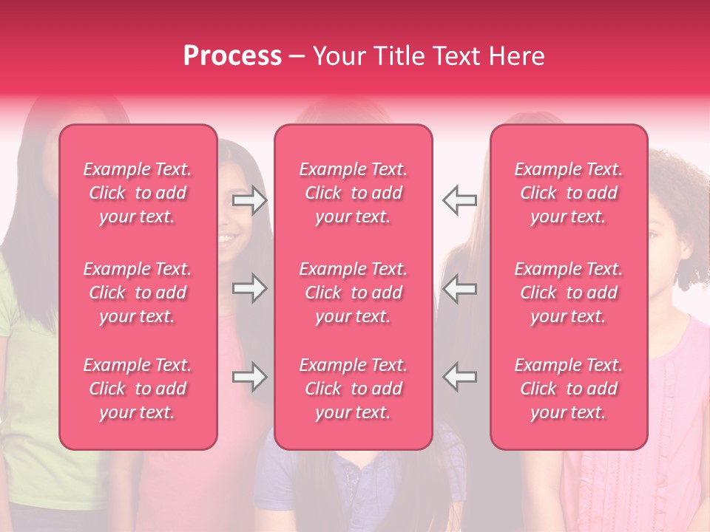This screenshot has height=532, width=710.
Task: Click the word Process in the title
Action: coord(232,56)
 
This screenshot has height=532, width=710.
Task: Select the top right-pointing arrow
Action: coord(250,200)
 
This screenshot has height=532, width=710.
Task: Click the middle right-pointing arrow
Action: coord(250,288)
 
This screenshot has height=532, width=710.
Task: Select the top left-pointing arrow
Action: coord(459,200)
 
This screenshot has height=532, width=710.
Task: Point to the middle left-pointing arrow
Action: coord(459,288)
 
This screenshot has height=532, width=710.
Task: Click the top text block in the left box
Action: coord(138,193)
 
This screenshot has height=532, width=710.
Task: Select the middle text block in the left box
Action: coord(138,293)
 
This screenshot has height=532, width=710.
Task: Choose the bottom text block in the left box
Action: coord(138,389)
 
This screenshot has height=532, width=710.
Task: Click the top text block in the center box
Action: coord(354,193)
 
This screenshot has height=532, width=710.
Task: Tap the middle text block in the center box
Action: coord(354,293)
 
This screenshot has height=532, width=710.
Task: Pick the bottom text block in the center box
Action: coord(354,389)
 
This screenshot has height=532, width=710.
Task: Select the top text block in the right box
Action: coord(569,193)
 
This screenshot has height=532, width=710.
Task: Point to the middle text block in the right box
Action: coord(569,293)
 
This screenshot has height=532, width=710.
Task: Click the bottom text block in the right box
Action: coord(569,389)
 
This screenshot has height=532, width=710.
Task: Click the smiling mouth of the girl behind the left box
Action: coord(227,239)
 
